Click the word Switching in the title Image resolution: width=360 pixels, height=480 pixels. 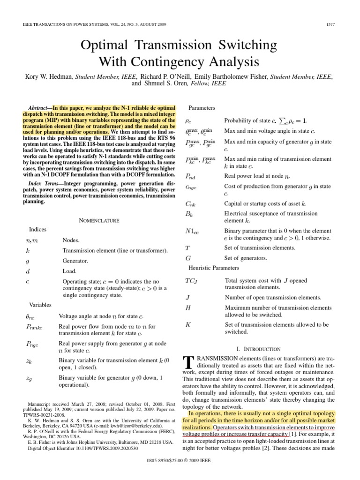click(242, 45)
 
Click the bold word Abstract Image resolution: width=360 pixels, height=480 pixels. click(39, 107)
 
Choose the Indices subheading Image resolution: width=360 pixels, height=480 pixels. click(38, 230)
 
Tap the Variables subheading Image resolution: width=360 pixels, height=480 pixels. click(40, 305)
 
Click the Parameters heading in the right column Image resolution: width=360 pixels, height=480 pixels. click(202, 108)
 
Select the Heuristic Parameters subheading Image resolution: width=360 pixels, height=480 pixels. click(214, 268)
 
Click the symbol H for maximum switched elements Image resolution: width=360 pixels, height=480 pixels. click(188, 308)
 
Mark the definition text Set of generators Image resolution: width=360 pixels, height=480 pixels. click(246, 258)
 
